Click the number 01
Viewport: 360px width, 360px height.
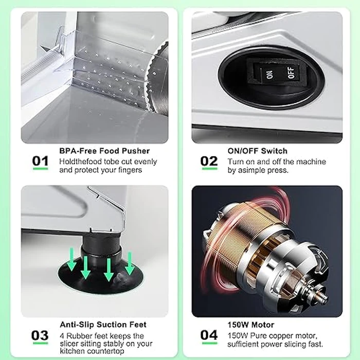tap(41, 161)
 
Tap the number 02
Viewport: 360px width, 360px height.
tap(209, 161)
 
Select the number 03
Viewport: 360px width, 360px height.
tap(40, 335)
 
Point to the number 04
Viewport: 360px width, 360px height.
tap(209, 335)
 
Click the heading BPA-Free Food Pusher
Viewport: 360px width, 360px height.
tap(104, 151)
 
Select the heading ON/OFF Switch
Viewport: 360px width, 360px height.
tap(257, 151)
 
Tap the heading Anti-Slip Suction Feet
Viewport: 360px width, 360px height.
tap(103, 325)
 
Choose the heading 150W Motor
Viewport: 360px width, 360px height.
tap(251, 325)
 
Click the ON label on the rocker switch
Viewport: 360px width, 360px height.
tap(270, 75)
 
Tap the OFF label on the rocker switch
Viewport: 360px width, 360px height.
tap(291, 73)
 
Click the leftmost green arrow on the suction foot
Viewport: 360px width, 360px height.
tap(72, 259)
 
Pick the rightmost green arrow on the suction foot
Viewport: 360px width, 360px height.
tap(130, 263)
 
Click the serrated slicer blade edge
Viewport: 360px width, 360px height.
tap(148, 83)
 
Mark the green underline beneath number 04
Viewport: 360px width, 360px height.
tap(209, 343)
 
